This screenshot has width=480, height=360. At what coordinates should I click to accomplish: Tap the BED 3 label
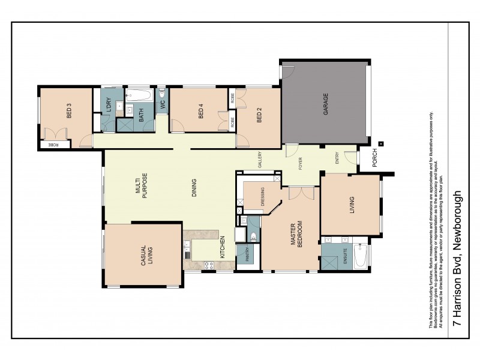tap(69, 112)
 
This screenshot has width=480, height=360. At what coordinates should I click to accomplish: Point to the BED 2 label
tap(259, 114)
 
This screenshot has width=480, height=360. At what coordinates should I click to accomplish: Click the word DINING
tap(194, 187)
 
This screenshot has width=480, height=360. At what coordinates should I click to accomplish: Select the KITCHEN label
tap(222, 246)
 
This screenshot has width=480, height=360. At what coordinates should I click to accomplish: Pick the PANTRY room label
tap(245, 257)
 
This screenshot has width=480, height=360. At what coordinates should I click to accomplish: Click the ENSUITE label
tap(344, 260)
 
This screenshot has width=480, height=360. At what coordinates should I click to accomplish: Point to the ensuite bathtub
tap(361, 254)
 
